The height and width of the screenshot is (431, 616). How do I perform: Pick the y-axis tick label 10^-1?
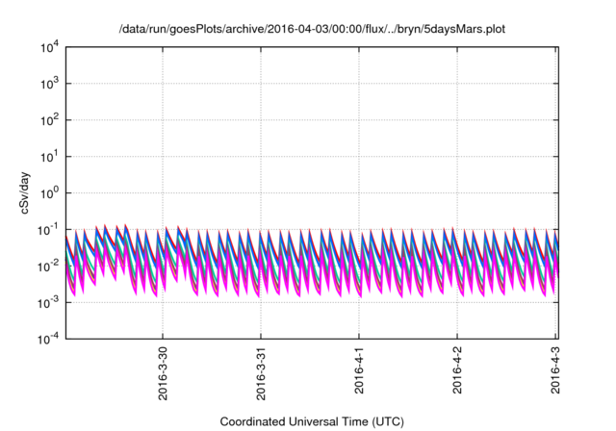49,229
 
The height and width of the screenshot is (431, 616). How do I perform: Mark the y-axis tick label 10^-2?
49,266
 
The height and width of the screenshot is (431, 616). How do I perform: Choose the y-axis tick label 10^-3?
49,302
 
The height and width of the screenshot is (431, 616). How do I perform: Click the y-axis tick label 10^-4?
49,339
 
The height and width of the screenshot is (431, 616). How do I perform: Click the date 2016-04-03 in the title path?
269,30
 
